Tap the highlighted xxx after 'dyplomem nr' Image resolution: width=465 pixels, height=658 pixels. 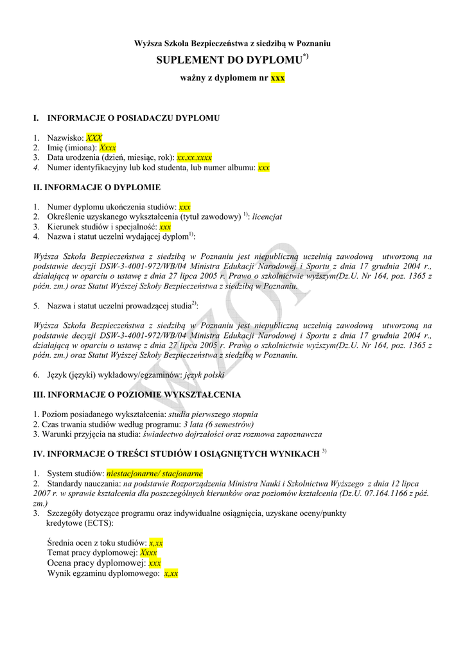[277, 78]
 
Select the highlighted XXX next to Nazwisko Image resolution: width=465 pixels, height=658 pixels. [94, 138]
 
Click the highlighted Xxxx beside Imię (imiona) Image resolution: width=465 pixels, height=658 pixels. [107, 147]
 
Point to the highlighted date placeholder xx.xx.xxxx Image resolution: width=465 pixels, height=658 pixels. [194, 157]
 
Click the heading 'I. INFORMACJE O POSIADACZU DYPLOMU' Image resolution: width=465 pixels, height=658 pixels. [127, 118]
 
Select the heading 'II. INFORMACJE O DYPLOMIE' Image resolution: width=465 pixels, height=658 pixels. [97, 188]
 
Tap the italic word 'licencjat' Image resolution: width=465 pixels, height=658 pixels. [267, 217]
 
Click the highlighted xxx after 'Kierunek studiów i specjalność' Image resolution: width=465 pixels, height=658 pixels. [165, 227]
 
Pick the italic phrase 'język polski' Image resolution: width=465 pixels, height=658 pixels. [204, 375]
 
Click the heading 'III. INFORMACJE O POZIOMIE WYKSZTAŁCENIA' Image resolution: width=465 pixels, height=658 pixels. [137, 395]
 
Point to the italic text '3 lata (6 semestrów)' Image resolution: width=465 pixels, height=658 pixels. [218, 424]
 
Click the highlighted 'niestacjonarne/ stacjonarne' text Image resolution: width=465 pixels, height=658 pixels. [155, 473]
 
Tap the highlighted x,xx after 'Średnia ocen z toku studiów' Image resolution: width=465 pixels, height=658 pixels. [156, 543]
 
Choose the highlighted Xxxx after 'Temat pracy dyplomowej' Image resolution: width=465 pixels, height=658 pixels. [148, 553]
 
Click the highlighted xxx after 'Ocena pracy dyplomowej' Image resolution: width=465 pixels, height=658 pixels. [155, 563]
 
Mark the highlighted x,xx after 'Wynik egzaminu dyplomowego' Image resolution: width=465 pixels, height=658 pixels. [171, 573]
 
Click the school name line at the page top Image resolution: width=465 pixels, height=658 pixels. [232, 43]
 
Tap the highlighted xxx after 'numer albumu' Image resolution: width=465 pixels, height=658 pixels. [263, 168]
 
